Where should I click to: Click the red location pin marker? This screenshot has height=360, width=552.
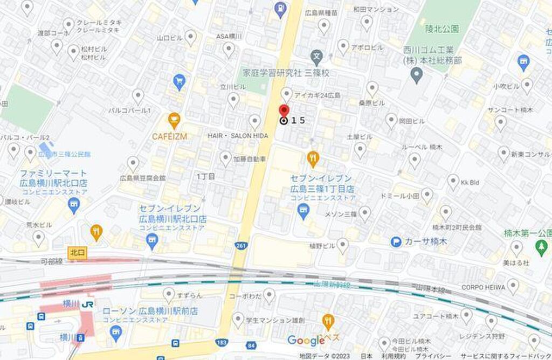click(x=284, y=110)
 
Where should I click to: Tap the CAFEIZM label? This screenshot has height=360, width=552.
click(x=169, y=136)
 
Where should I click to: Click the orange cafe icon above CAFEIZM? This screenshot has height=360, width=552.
click(x=174, y=118)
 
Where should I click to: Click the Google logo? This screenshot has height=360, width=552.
click(x=306, y=340)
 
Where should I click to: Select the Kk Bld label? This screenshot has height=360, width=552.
click(x=470, y=183)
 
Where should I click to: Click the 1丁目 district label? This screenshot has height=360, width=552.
click(x=206, y=176)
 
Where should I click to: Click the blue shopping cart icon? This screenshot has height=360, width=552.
click(x=180, y=82)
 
